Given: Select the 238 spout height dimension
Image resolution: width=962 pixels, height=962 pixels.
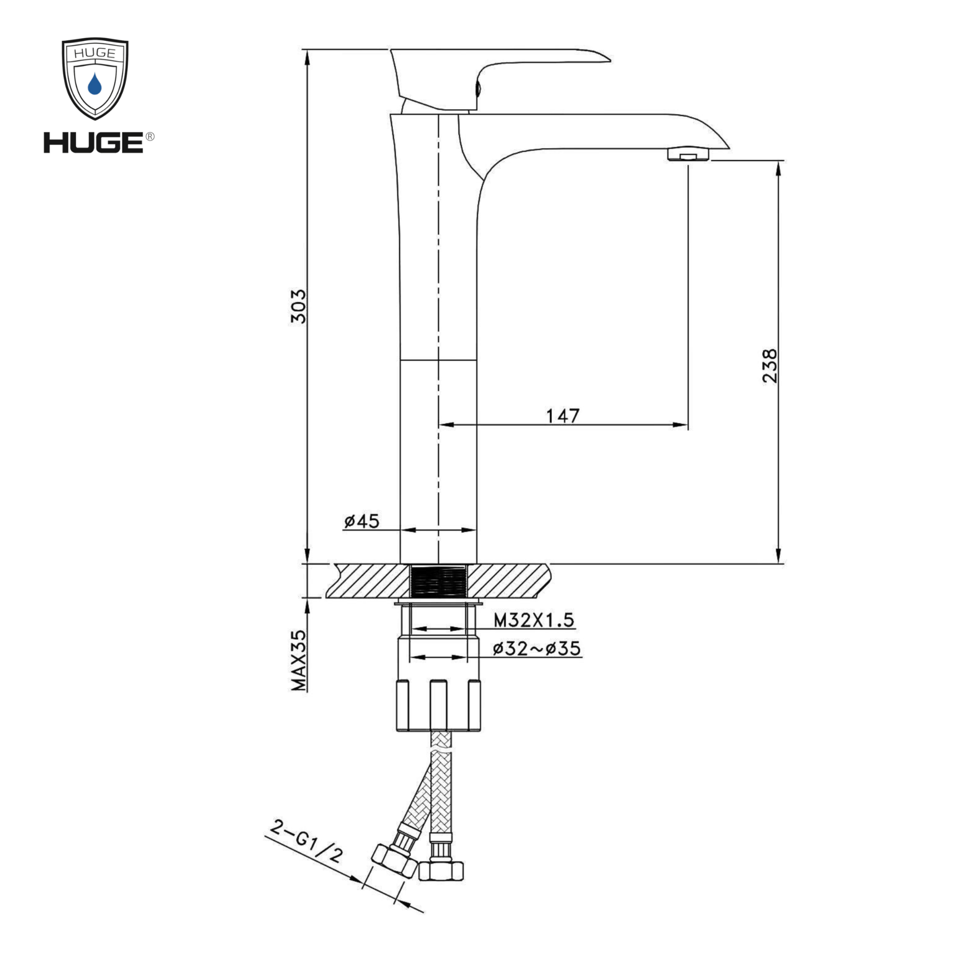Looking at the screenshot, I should point(769,366).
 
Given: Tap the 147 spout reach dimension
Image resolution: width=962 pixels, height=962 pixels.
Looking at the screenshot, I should point(563,416).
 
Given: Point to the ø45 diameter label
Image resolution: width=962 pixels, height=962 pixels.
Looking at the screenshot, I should point(362,521).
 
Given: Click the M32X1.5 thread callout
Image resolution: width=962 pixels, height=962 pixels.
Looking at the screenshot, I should point(534,620).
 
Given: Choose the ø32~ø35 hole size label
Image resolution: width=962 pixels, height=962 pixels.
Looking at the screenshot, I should point(537,649).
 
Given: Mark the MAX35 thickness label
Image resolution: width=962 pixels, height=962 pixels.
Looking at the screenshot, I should point(299,661).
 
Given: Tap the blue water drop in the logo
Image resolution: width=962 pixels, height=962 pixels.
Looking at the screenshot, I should point(95,84).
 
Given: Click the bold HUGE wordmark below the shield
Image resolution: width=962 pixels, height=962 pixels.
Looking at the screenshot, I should point(94,143).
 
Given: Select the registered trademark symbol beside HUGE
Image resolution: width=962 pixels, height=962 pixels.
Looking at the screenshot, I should point(150,137).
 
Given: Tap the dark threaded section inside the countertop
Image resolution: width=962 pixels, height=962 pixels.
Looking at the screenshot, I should point(438,581).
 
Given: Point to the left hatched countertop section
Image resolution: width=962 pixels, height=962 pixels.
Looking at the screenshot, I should point(368,581).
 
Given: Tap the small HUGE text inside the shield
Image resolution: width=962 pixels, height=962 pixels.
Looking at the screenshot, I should point(95,53).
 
